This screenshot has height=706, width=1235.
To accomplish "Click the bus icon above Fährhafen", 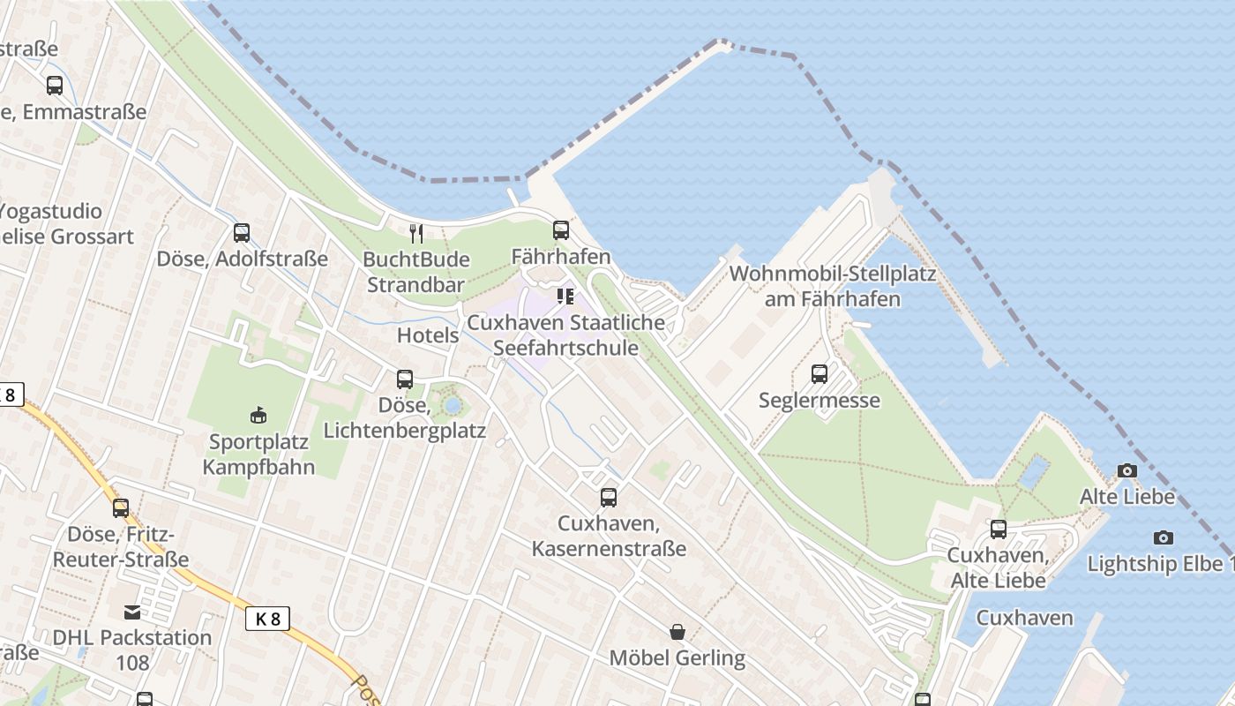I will pyautogui.click(x=561, y=230).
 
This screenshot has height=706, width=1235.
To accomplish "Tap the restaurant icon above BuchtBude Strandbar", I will pyautogui.click(x=416, y=233).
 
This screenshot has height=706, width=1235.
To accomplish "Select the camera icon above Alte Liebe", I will pyautogui.click(x=1127, y=470).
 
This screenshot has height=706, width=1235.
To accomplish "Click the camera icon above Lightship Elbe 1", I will pyautogui.click(x=1164, y=537).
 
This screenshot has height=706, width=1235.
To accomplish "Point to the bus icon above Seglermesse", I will pyautogui.click(x=820, y=373).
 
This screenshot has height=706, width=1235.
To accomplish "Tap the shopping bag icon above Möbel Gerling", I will pyautogui.click(x=677, y=632).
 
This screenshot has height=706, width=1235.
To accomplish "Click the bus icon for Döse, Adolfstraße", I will pyautogui.click(x=241, y=233).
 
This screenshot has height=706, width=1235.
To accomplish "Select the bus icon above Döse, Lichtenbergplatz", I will pyautogui.click(x=405, y=379).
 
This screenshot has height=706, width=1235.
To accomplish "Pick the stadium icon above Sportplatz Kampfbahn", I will pyautogui.click(x=258, y=414).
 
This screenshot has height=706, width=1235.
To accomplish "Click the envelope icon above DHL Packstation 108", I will pyautogui.click(x=131, y=612).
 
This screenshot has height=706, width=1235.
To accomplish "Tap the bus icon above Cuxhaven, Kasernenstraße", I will pyautogui.click(x=609, y=497).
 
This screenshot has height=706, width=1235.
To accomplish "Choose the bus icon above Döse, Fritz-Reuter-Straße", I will pyautogui.click(x=121, y=507).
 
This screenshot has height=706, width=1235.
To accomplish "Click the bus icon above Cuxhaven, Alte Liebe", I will pyautogui.click(x=998, y=529).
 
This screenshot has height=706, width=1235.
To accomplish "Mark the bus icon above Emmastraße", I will pyautogui.click(x=55, y=86).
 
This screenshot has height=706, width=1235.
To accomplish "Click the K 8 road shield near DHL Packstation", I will pyautogui.click(x=267, y=619).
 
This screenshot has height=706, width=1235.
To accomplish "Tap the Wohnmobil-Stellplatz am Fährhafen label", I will pyautogui.click(x=832, y=286).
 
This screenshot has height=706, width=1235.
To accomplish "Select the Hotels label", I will pyautogui.click(x=428, y=335).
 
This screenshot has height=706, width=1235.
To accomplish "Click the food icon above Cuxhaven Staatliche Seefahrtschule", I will pyautogui.click(x=565, y=297).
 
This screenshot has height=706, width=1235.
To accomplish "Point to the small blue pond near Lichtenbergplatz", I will pyautogui.click(x=453, y=406).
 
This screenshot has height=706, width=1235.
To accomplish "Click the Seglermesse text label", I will pyautogui.click(x=820, y=401).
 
